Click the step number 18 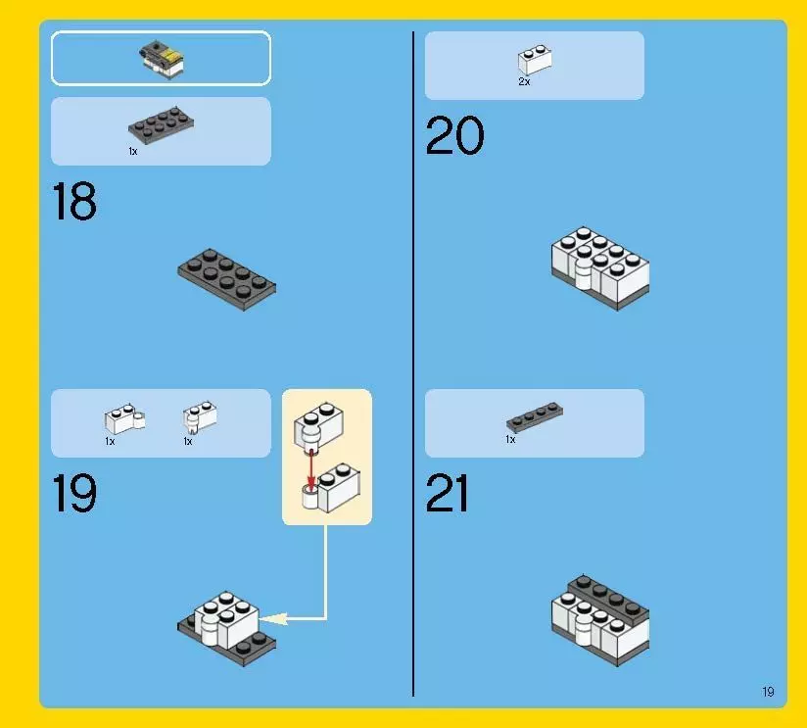[x=74, y=201]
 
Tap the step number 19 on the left [x=74, y=493]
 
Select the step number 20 [x=455, y=135]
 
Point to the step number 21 [x=448, y=493]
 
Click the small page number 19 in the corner [x=768, y=692]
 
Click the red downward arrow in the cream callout [x=310, y=470]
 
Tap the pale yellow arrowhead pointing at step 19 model [x=273, y=618]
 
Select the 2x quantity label [x=524, y=81]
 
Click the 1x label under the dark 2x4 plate [x=133, y=151]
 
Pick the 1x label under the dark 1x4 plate [x=510, y=439]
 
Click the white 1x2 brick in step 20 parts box [x=535, y=59]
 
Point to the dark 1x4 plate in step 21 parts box [x=534, y=416]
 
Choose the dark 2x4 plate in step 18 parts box [x=161, y=124]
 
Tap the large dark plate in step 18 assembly [x=226, y=279]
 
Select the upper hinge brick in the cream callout [x=318, y=427]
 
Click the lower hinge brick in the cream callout [x=331, y=487]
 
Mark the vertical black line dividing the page [x=413, y=364]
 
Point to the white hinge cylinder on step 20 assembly [x=584, y=272]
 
